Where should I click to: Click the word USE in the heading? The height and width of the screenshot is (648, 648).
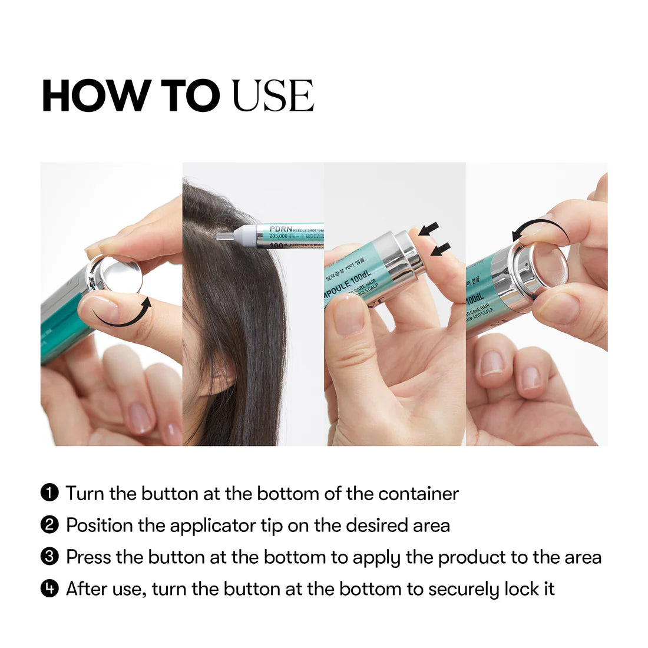(273, 95)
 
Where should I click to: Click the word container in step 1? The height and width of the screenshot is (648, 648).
(418, 493)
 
